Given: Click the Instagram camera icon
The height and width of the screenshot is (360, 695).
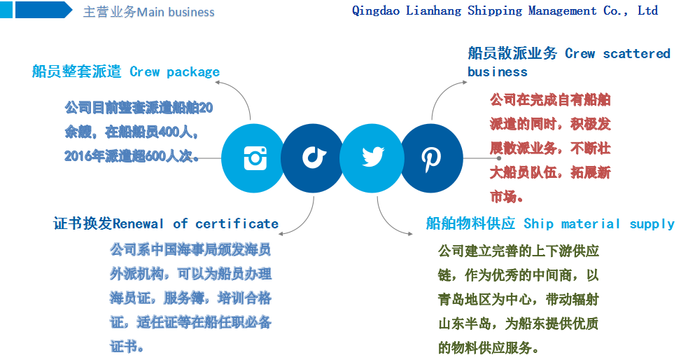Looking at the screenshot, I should coord(255,158).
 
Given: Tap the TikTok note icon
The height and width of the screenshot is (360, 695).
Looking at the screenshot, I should coord(313,157).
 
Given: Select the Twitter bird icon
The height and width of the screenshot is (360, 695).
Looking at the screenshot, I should coord(372,157).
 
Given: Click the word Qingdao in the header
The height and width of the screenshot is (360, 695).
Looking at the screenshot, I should coord(377,11).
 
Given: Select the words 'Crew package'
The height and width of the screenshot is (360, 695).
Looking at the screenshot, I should coord(174,71).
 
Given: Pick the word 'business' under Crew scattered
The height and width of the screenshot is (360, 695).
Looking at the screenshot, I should coord(498,72).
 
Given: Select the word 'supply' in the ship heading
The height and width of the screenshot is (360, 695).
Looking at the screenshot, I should coord(652,224).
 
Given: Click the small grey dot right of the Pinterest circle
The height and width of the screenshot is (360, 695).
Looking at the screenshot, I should coord(499,158).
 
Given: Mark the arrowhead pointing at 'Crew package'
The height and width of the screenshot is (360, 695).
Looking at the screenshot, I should coord(218,83).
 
